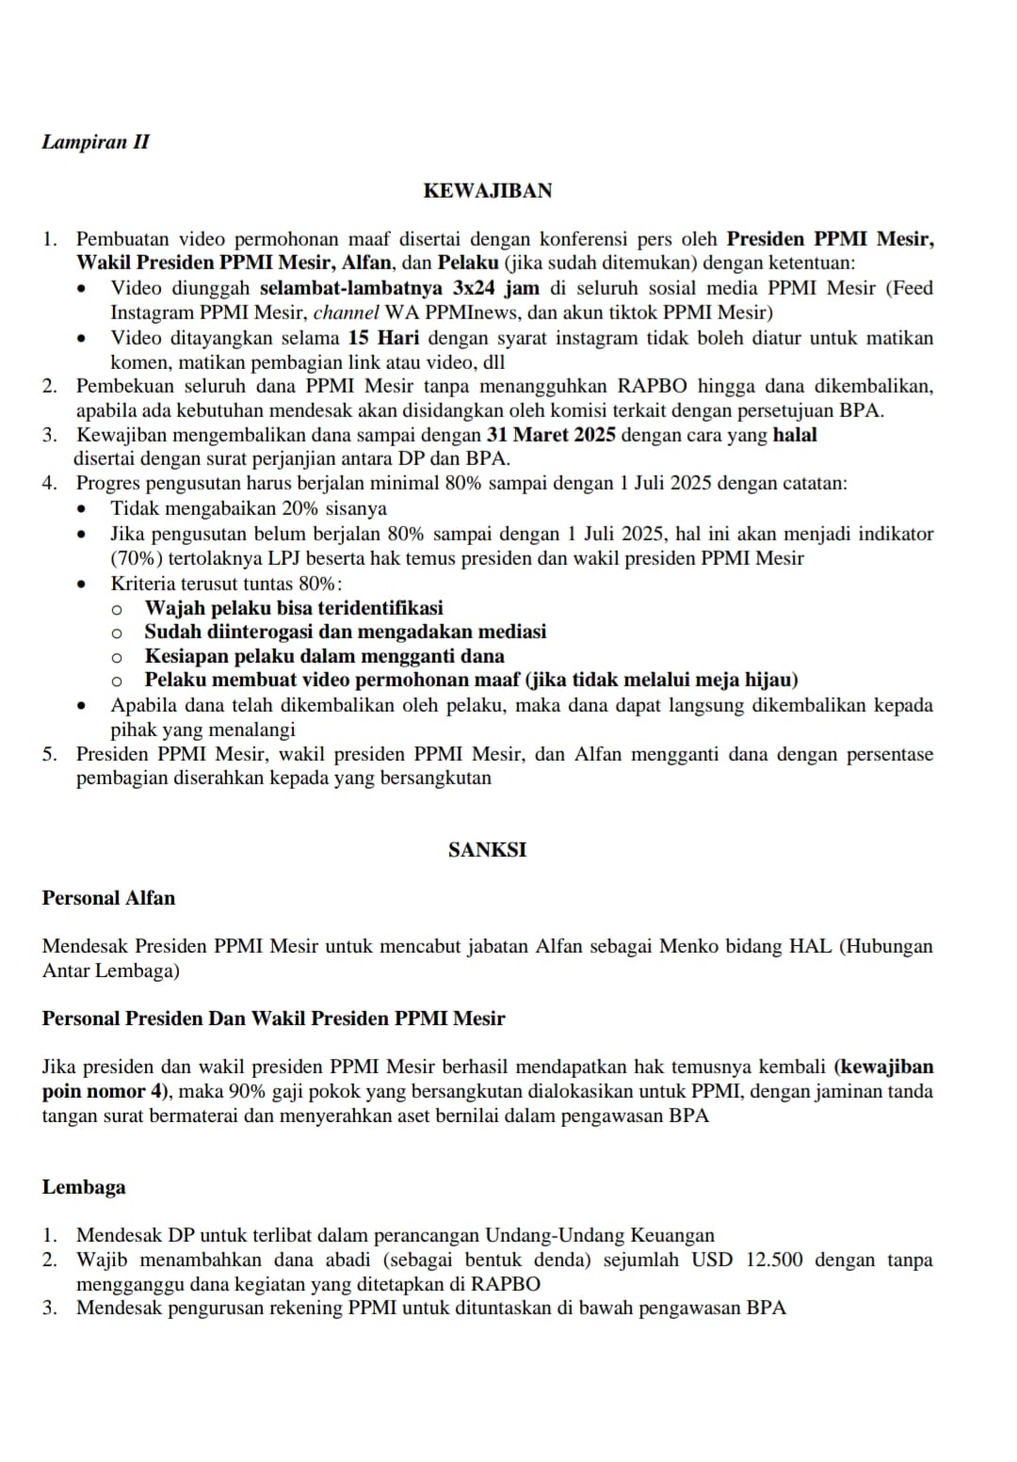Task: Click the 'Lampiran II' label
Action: tap(95, 142)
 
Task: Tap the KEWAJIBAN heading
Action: tap(487, 191)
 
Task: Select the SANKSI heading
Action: tap(487, 850)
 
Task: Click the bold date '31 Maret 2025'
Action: tap(551, 435)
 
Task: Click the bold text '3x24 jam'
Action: tap(492, 288)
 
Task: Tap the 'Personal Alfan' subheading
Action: tap(108, 898)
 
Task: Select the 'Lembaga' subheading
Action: tap(84, 1187)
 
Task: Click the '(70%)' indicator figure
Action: tap(137, 558)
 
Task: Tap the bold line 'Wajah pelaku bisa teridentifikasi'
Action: tap(294, 608)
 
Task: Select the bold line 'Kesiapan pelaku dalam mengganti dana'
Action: tap(324, 656)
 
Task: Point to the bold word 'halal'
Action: tap(795, 435)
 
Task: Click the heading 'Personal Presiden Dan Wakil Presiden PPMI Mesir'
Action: tap(273, 1019)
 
